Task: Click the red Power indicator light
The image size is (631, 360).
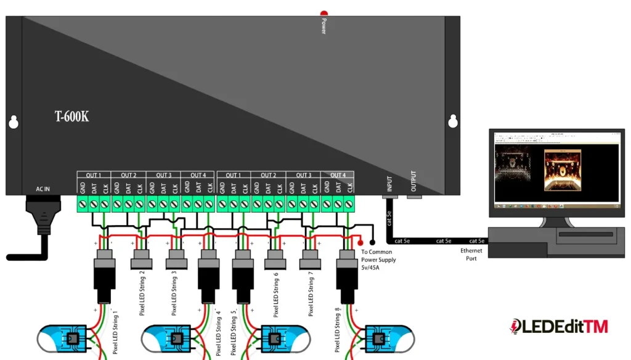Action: click(324, 14)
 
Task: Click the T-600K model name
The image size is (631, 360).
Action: click(71, 116)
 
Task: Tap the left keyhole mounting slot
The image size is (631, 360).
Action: click(13, 122)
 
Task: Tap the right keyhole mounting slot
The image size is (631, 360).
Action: click(453, 121)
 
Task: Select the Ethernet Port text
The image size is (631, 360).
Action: click(471, 255)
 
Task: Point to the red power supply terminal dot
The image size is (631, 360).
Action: click(360, 243)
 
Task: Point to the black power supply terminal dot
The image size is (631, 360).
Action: click(372, 243)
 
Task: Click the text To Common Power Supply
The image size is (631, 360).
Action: click(378, 256)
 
